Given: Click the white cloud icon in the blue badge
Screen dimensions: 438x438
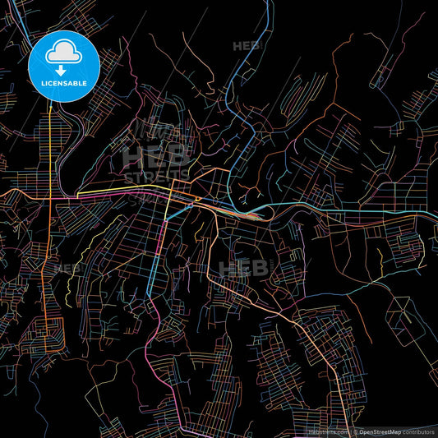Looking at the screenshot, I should point(63,52).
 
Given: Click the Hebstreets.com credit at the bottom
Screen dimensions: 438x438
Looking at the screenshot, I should point(327,431).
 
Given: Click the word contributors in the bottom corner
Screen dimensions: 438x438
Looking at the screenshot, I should point(420,431).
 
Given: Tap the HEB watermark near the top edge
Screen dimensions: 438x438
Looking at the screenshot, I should point(247,46).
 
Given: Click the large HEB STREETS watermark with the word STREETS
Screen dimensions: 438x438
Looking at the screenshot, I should point(156,165).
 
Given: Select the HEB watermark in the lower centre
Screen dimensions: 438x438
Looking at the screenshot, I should point(244,268).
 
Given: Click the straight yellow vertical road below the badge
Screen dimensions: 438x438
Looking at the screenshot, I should point(51,148).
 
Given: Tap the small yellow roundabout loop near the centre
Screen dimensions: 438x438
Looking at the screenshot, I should point(198,201).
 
